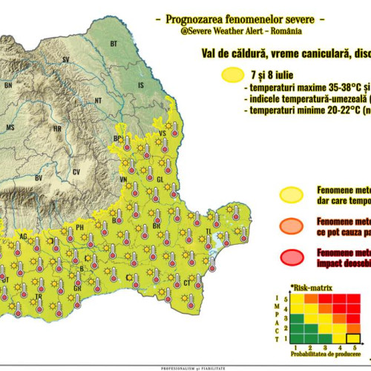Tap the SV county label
pos(66,59)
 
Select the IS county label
pos(141,86)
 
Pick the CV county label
pos(76,171)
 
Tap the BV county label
pos(38,178)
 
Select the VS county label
pos(162,133)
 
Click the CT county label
pos(187,283)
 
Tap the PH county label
pos(80,226)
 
